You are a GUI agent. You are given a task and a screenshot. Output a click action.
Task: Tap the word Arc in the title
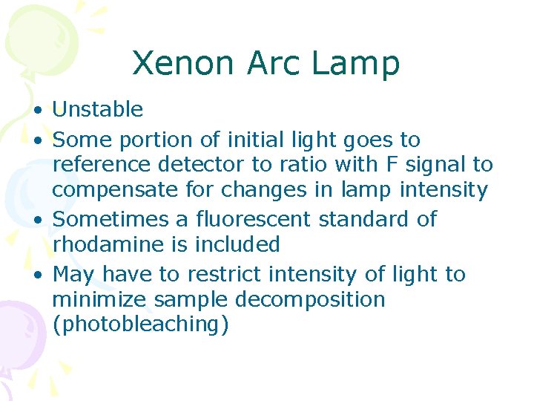pos(270,64)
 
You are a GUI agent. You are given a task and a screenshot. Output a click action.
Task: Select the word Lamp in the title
pos(356,65)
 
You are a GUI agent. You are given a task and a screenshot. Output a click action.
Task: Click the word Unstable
pos(98,110)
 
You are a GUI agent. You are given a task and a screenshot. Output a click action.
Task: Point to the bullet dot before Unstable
pos(36,111)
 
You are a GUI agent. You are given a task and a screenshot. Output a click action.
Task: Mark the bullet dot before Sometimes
pos(36,221)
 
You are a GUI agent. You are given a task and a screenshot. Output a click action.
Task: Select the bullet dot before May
pos(36,276)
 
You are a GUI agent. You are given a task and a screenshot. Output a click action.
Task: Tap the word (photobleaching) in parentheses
pos(140,325)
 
